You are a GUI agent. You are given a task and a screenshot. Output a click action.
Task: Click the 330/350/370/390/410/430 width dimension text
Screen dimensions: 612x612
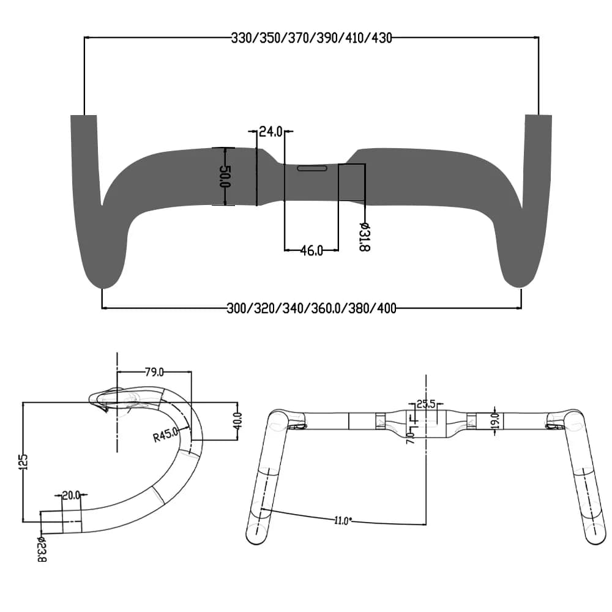coord(311,38)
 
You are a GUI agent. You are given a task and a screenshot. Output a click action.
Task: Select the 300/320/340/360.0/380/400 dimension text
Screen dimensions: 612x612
coord(311,308)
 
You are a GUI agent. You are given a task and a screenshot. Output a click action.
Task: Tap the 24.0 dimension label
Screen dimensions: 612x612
coord(270,131)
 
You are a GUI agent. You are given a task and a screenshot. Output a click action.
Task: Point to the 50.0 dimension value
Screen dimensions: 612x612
coord(225,176)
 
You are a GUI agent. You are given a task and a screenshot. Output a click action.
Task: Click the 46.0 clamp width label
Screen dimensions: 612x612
coord(312,250)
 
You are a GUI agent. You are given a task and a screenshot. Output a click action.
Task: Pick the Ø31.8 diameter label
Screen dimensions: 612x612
coord(365,237)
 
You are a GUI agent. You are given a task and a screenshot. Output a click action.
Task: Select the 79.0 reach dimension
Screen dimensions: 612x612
coord(154,371)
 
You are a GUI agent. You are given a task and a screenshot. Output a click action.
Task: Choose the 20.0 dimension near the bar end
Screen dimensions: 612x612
coord(72,496)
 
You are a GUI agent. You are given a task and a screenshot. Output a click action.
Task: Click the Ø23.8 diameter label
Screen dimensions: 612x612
coord(42,548)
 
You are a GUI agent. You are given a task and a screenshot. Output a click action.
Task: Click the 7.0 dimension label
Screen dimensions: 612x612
coord(409,436)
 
